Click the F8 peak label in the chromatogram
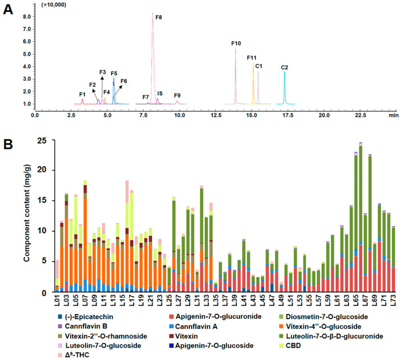pos(159,18)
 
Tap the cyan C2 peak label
pos(284,68)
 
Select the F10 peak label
pos(236,43)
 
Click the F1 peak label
pos(82,94)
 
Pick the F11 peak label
pos(252,58)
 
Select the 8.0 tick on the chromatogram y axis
pos(26,17)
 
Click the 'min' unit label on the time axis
pos(394,115)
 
